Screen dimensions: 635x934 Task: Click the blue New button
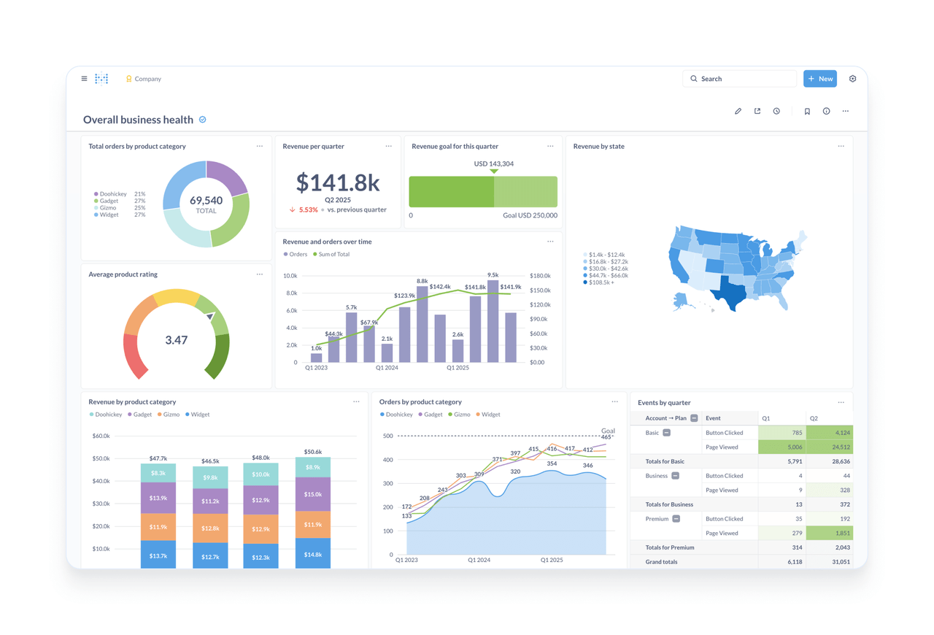click(x=819, y=79)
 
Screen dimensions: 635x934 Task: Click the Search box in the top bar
click(x=739, y=79)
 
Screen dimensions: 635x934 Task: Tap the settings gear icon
click(x=852, y=79)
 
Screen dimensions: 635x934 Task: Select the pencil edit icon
click(x=738, y=112)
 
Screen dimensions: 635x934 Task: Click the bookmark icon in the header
click(x=807, y=112)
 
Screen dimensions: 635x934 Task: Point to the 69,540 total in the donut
click(x=206, y=201)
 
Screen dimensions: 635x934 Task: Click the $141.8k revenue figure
click(x=338, y=182)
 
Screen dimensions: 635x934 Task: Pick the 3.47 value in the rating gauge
click(x=177, y=340)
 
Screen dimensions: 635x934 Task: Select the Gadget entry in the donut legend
click(x=109, y=201)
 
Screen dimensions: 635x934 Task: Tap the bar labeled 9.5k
click(x=493, y=322)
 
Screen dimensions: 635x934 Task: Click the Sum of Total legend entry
click(x=333, y=255)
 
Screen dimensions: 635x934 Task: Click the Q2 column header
click(x=814, y=418)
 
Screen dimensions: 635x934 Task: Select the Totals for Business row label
click(x=669, y=504)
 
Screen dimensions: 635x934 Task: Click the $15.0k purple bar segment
click(x=313, y=494)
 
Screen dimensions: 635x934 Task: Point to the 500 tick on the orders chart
click(x=387, y=436)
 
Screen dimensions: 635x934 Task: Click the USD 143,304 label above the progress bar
click(x=494, y=163)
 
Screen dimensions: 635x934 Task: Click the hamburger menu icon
click(x=84, y=79)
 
